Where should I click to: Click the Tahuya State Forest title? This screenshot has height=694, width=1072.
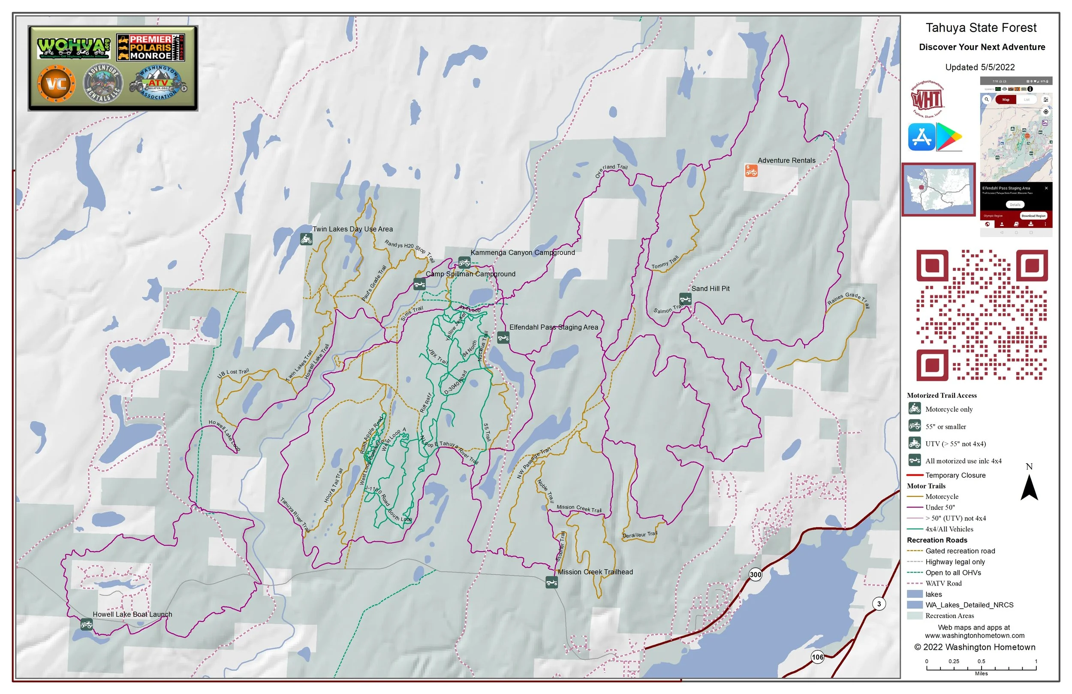click(x=981, y=28)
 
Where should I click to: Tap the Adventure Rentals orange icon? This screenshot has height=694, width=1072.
click(x=751, y=171)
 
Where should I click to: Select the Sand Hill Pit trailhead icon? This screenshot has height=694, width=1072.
click(x=685, y=299)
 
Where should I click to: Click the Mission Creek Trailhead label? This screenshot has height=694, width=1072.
click(x=595, y=572)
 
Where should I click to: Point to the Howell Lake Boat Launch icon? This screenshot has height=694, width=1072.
click(x=87, y=625)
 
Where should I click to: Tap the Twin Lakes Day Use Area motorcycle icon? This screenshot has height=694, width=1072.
click(x=306, y=239)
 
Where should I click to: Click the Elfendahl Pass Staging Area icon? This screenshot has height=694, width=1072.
click(x=503, y=338)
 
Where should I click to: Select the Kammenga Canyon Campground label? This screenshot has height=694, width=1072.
click(x=522, y=253)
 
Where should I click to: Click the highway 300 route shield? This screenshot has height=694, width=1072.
click(x=756, y=574)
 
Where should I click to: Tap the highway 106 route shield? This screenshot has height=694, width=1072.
click(x=818, y=657)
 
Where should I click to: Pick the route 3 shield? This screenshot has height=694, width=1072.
click(x=879, y=604)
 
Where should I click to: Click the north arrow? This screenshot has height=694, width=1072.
click(x=1029, y=488)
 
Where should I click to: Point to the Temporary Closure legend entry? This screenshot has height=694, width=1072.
click(x=955, y=475)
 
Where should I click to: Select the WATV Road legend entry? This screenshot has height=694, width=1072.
click(x=943, y=584)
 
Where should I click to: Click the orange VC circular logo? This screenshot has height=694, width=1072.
click(x=56, y=84)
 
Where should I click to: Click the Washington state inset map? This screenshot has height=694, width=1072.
click(x=938, y=190)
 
